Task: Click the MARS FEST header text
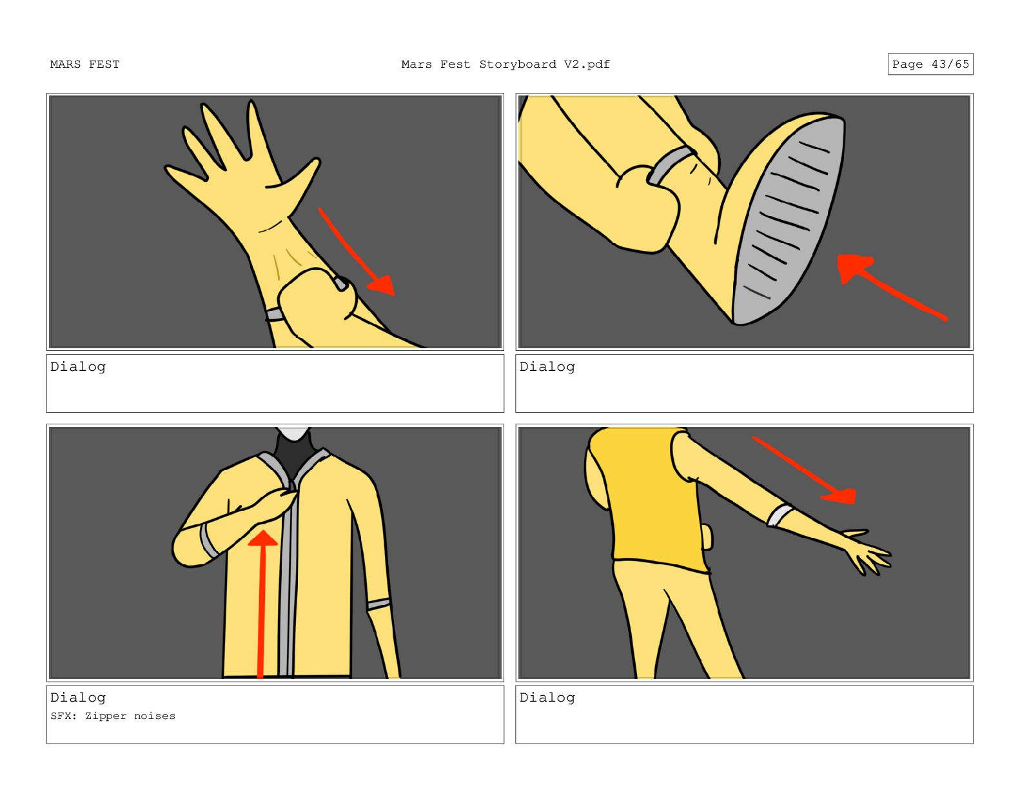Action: coord(84,64)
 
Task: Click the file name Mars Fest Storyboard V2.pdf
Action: coord(505,64)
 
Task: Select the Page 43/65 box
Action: coord(930,64)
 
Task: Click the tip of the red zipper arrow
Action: coord(263,531)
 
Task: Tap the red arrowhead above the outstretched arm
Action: coord(841,496)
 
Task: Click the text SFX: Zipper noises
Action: coord(113,716)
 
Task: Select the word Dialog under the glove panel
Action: coord(78,366)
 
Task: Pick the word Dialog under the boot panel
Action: coord(547,366)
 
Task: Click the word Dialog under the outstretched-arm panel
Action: coord(547,698)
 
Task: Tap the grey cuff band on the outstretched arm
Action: coord(780,515)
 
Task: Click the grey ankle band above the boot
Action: coord(670,165)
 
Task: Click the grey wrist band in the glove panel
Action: coord(275,314)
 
